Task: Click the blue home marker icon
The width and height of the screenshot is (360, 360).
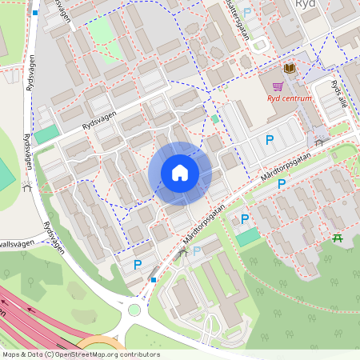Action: [x=180, y=173]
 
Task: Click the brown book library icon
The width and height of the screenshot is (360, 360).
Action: [x=289, y=70]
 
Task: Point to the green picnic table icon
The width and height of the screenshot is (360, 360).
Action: [x=338, y=238]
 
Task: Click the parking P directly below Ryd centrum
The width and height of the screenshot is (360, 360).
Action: [x=270, y=140]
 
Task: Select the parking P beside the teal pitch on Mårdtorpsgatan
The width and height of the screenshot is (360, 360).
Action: [x=244, y=218]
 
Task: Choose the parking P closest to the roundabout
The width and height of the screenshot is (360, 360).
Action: [x=138, y=264]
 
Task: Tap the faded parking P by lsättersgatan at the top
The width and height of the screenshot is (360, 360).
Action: [x=247, y=12]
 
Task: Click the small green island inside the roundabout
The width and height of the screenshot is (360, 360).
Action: [x=134, y=310]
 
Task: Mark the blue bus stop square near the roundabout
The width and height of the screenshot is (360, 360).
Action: [x=153, y=280]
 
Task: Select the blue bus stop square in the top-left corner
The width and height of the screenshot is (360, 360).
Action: [x=36, y=13]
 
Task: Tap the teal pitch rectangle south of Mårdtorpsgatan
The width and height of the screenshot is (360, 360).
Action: [x=248, y=237]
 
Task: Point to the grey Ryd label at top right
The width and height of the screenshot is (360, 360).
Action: [x=306, y=5]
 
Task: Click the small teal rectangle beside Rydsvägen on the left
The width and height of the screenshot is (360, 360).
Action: [x=46, y=134]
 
